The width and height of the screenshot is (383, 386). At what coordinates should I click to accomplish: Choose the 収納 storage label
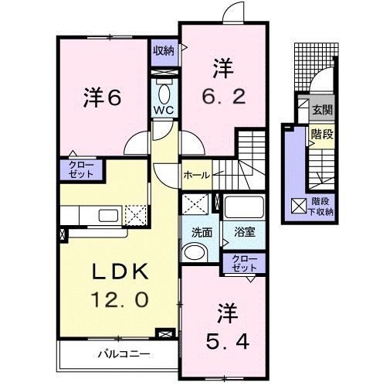click(163, 50)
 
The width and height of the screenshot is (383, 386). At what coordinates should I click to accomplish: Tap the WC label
click(163, 110)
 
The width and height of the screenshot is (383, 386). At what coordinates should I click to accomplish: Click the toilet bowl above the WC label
click(163, 91)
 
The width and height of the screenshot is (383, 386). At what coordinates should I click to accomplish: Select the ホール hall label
click(196, 176)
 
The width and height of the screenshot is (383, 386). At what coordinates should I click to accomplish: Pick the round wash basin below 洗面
click(196, 251)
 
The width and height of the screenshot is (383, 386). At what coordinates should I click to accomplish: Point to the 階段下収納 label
click(320, 206)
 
